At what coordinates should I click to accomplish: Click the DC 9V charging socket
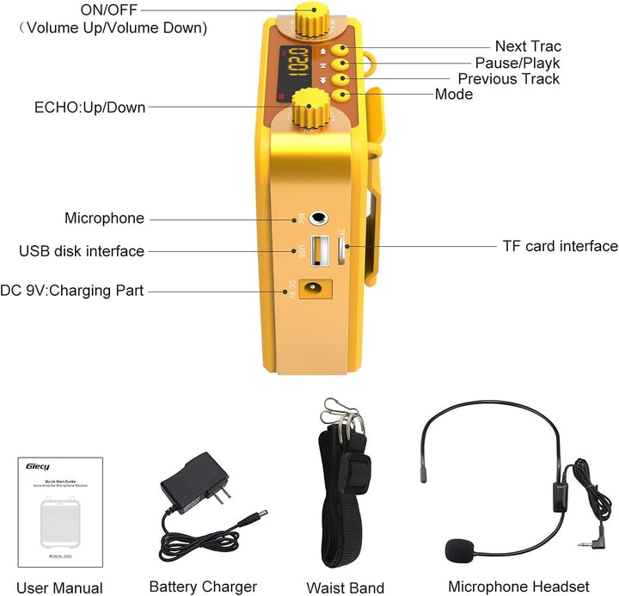click(315, 290)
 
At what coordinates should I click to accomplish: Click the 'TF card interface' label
click(560, 246)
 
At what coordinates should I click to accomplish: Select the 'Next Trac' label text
click(527, 46)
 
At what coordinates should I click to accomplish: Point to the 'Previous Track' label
click(508, 79)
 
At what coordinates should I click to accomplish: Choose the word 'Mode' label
click(454, 95)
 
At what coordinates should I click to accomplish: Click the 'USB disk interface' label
click(82, 251)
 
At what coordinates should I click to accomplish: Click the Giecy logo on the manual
click(38, 468)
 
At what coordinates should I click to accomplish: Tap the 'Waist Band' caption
click(345, 588)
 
